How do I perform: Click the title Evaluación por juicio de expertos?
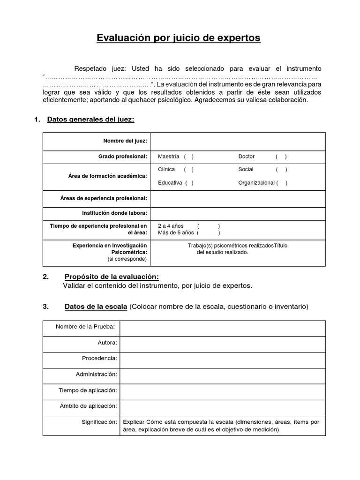pyautogui.click(x=179, y=38)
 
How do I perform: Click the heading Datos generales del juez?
pyautogui.click(x=90, y=120)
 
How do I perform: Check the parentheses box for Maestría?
pyautogui.click(x=188, y=157)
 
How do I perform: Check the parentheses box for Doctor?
pyautogui.click(x=281, y=157)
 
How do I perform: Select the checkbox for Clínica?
pyautogui.click(x=188, y=170)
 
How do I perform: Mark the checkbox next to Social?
pyautogui.click(x=281, y=170)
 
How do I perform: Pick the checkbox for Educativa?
pyautogui.click(x=189, y=183)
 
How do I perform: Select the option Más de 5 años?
pyautogui.click(x=209, y=232)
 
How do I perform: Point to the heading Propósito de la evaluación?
pyautogui.click(x=108, y=277)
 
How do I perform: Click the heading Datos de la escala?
pyautogui.click(x=96, y=307)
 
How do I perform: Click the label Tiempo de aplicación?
pyautogui.click(x=88, y=390)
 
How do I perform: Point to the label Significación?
pyautogui.click(x=99, y=422)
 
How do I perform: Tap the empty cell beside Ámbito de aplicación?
pyautogui.click(x=222, y=407)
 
